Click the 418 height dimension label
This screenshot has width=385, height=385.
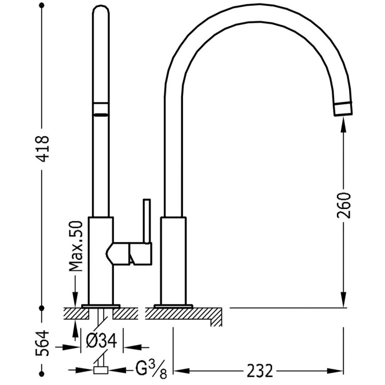click(x=42, y=149)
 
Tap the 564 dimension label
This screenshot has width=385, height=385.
click(x=42, y=343)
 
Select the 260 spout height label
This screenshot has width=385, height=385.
click(x=344, y=205)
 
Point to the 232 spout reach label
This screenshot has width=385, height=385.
click(x=259, y=371)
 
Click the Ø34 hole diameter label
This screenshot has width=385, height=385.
click(x=102, y=341)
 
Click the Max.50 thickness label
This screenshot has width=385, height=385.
click(x=76, y=247)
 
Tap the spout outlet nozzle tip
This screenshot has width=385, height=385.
click(x=343, y=108)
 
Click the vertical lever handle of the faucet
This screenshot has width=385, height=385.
click(x=147, y=221)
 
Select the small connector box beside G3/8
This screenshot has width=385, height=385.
click(x=101, y=370)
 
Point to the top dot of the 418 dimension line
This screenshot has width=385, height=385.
click(x=42, y=5)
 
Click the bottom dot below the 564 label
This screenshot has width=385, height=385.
click(x=42, y=374)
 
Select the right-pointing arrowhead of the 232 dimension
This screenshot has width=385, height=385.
click(x=335, y=371)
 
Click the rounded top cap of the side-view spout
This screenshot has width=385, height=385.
click(x=101, y=11)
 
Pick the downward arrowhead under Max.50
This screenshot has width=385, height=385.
click(x=75, y=299)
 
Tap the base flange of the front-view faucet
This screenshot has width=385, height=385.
click(x=173, y=306)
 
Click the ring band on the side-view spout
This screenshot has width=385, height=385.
click(x=101, y=108)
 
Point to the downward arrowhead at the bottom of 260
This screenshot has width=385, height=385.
click(x=344, y=299)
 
